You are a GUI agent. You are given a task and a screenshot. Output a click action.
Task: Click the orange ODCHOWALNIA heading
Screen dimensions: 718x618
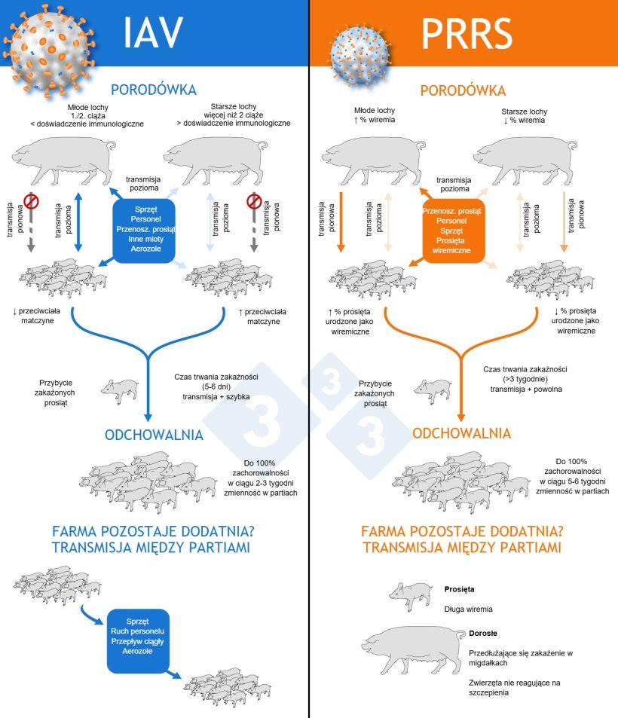coord(462,434)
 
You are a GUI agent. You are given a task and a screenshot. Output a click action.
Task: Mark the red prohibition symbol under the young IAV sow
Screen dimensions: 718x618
coord(32,202)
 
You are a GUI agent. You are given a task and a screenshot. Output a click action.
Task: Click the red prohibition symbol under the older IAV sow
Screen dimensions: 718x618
coord(255,202)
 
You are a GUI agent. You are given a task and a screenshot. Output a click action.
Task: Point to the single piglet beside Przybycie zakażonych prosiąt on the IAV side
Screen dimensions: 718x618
coord(119,388)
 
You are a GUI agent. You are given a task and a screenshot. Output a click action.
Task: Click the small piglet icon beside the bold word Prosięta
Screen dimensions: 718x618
coord(408,594)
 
